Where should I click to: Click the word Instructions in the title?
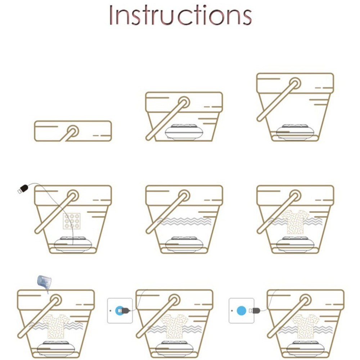180,15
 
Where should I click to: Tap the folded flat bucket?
73,131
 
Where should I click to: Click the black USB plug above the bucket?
23,189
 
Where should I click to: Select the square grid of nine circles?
72,221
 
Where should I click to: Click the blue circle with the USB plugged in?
120,311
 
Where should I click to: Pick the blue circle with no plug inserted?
241,311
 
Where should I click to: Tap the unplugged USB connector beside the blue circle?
255,311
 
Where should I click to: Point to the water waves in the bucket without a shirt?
184,221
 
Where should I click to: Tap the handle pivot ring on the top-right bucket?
295,84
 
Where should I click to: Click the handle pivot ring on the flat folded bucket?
73,131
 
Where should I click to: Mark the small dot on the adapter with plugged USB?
111,311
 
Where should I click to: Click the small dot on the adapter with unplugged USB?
232,311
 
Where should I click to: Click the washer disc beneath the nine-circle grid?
73,244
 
